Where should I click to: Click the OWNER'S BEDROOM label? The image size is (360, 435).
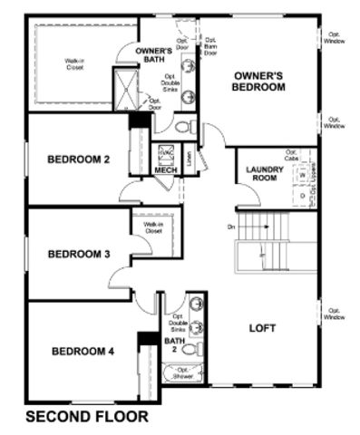259,82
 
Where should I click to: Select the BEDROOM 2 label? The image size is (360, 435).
78,160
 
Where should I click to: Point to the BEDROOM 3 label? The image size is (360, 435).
78,254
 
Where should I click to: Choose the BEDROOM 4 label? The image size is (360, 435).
82,351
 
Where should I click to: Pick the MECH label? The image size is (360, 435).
165,170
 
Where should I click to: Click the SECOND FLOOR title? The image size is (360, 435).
86,418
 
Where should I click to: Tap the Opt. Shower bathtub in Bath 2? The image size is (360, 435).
185,372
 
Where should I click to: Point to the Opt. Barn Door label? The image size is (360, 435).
209,46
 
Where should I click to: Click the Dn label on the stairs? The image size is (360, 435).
231,226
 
